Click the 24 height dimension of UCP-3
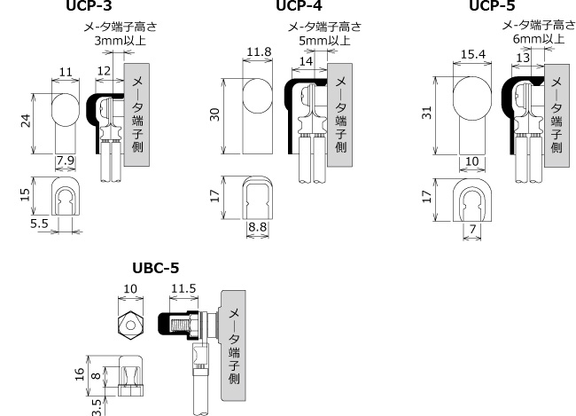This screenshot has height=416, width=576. coord(26,121)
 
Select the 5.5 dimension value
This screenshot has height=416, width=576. coord(38,225)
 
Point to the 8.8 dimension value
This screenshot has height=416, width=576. coord(257,228)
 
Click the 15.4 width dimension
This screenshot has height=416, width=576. coord(474,55)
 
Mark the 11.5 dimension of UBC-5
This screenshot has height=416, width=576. coord(183,289)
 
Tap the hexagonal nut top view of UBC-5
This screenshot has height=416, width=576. coord(130,326)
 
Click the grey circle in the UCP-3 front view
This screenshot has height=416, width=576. coord(65,111)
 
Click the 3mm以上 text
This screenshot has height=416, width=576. coord(117,40)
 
